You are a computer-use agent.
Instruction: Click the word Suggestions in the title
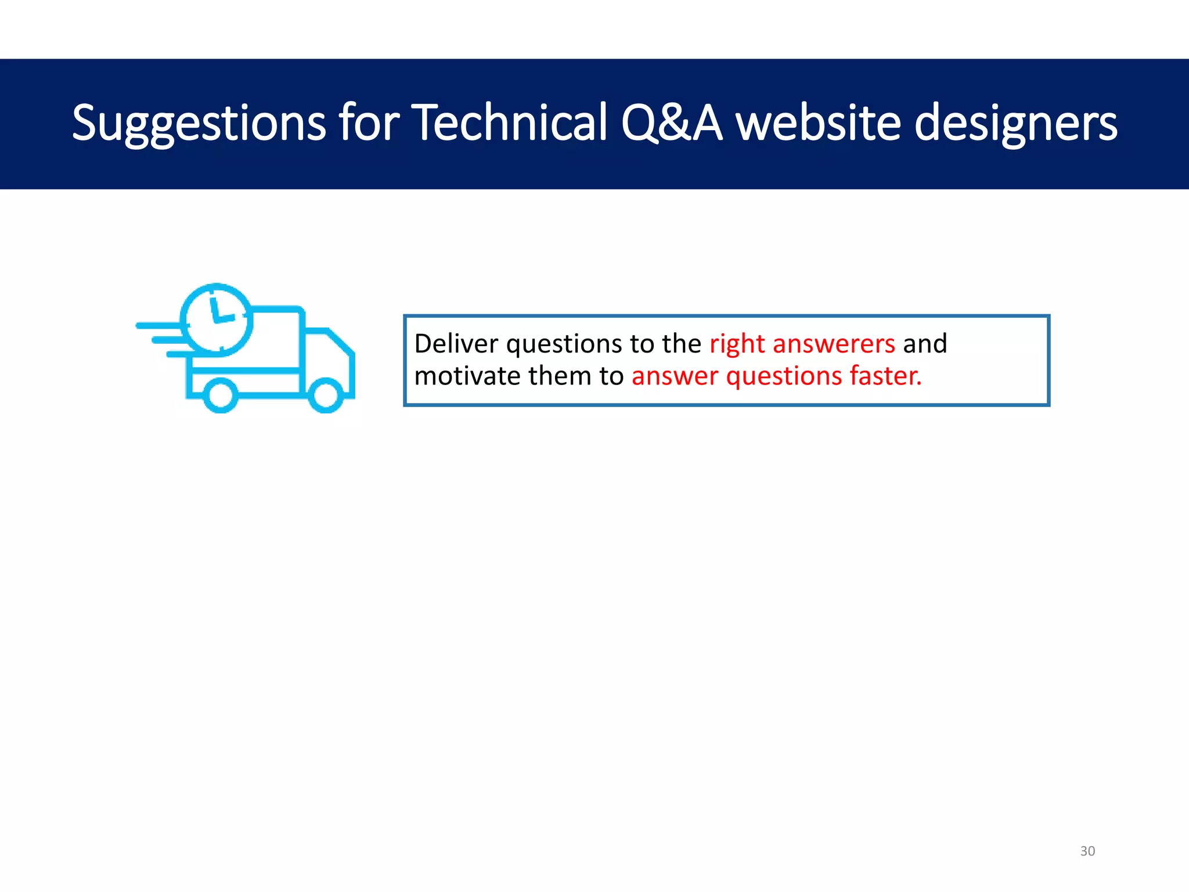pyautogui.click(x=199, y=123)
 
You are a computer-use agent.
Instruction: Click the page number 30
pyautogui.click(x=1087, y=851)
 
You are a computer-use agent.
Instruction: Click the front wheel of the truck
pyautogui.click(x=326, y=395)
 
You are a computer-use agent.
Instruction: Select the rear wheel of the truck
pyautogui.click(x=220, y=395)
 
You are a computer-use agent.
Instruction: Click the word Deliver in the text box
pyautogui.click(x=456, y=343)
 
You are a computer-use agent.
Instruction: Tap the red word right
pyautogui.click(x=737, y=344)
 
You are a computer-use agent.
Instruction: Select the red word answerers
pyautogui.click(x=834, y=344)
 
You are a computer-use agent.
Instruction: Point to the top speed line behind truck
pyautogui.click(x=158, y=326)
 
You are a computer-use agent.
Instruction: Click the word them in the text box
pyautogui.click(x=560, y=376)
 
